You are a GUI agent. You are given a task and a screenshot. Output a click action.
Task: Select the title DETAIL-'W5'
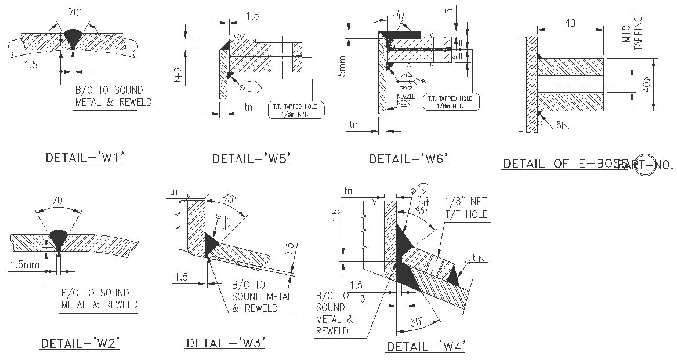pos(251,159)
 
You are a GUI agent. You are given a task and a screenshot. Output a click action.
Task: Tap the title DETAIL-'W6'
pos(408,159)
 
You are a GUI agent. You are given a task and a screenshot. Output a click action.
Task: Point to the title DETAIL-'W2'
pos(79,343)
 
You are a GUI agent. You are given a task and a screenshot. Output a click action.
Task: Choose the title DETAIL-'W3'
pos(225,343)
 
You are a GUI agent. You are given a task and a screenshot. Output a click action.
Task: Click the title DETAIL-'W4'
pos(426,347)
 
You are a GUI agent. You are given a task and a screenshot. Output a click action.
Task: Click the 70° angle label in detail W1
pos(74,11)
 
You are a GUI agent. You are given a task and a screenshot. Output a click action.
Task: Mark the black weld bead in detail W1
pos(73,38)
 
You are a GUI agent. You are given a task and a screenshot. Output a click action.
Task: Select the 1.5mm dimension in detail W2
pos(24,264)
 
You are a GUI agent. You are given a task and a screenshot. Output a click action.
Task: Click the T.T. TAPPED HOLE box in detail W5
pos(296,110)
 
